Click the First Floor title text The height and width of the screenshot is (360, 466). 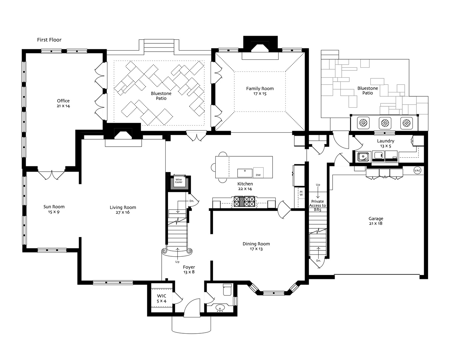(49, 40)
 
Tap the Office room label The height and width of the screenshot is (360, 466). (63, 103)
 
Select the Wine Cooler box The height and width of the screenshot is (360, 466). (179, 181)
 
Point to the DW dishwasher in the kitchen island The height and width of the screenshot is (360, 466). (258, 173)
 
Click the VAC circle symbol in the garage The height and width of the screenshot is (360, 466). (417, 170)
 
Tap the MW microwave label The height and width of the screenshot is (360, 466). (301, 193)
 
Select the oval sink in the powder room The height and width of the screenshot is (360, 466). (220, 307)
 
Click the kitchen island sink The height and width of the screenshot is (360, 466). (245, 173)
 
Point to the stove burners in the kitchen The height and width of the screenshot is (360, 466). (244, 202)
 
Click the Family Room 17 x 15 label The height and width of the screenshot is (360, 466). (260, 91)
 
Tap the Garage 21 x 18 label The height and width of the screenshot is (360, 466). (376, 221)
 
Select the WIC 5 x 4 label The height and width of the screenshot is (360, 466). (161, 298)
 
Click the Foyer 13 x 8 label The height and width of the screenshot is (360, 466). (189, 269)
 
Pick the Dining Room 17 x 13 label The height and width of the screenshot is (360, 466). (256, 246)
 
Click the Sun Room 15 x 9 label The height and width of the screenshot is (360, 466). (54, 209)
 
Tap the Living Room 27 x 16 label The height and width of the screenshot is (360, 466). (123, 210)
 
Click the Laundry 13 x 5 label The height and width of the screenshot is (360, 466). (386, 143)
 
